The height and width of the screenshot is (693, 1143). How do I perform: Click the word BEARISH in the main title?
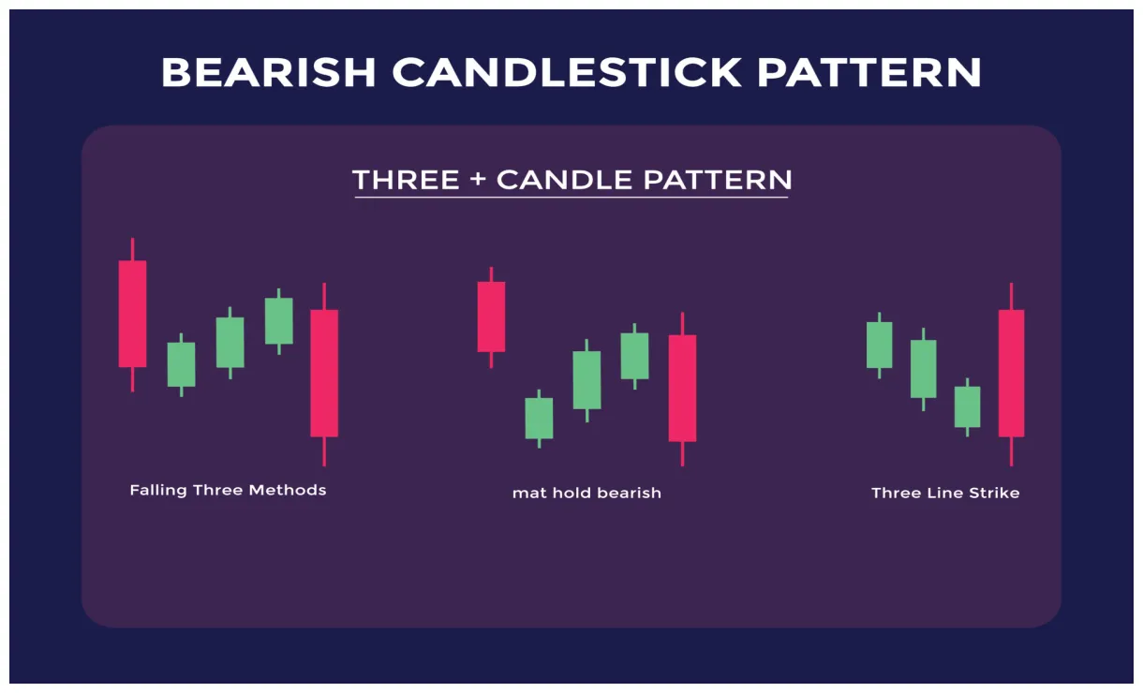(x=268, y=72)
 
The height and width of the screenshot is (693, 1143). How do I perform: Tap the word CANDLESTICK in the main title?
(x=567, y=72)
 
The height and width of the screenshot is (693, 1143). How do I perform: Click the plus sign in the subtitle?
(x=478, y=180)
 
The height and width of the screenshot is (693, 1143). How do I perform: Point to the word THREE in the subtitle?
(x=406, y=180)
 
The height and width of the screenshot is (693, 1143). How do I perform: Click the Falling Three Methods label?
(x=228, y=490)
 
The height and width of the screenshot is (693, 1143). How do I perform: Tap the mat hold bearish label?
(x=586, y=493)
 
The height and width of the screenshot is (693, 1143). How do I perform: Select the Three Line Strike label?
(x=945, y=493)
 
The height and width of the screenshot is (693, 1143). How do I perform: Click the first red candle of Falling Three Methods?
(x=132, y=314)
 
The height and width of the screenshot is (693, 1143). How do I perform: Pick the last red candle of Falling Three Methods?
(x=324, y=373)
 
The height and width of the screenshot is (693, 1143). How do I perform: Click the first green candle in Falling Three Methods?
(x=181, y=364)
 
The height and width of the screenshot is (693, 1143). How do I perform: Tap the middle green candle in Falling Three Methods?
(x=230, y=342)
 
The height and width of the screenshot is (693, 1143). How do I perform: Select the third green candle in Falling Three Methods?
(x=278, y=320)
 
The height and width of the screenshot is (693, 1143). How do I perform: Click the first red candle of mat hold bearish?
(x=491, y=317)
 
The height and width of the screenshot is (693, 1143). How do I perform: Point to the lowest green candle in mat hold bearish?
(x=539, y=418)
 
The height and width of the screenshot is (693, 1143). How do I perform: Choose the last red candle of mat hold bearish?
(x=682, y=388)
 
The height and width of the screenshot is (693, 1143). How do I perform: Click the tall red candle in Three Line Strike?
(x=1011, y=373)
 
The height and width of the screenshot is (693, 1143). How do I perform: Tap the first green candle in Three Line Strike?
(x=879, y=345)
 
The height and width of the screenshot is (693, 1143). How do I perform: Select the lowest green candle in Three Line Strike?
(x=967, y=406)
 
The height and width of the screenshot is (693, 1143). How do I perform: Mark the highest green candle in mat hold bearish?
(x=634, y=356)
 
